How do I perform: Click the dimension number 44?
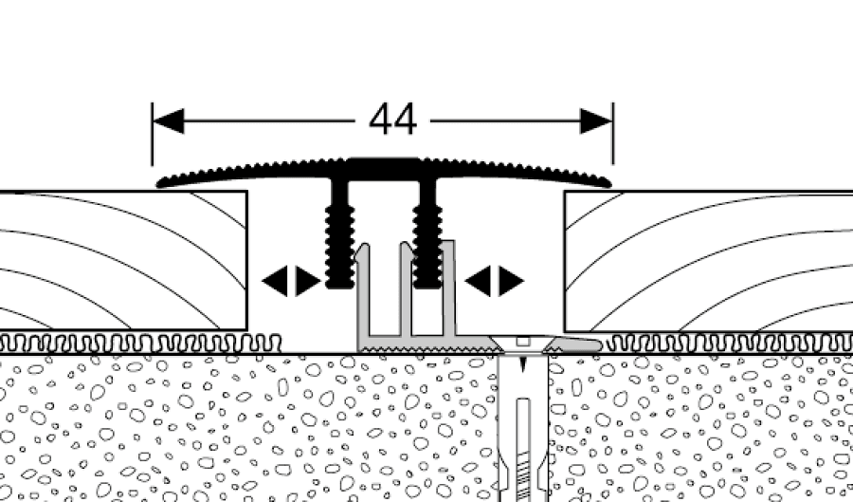coord(392,121)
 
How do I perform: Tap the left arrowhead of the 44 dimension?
coord(168,121)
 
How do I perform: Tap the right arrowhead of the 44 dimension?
coord(596,121)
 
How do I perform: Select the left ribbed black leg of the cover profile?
coord(339,237)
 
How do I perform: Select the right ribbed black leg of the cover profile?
coord(427,237)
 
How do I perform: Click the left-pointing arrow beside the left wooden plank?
coord(273,281)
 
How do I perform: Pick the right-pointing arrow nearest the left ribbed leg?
coord(308,281)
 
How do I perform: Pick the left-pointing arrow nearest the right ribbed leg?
coord(477,281)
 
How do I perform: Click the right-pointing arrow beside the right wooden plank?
coord(512,281)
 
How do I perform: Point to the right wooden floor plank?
coord(711,261)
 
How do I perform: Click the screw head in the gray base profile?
coord(522,341)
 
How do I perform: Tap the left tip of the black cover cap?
coord(159,182)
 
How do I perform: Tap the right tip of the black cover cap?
coord(608,182)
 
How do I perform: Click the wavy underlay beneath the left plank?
coord(142,343)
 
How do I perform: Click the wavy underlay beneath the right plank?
coord(730,343)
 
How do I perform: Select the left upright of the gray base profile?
coord(363,294)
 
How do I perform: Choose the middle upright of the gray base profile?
coord(405,294)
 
